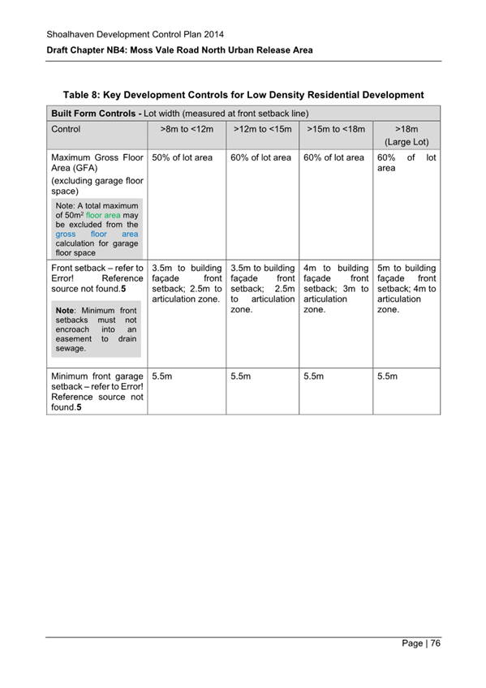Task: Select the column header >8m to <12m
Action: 183,128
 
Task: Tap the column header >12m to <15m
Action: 260,128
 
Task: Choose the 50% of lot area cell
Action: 183,157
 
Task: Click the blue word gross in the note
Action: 66,234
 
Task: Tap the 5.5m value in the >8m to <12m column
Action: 163,377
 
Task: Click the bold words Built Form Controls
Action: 96,112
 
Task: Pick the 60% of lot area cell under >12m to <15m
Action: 260,157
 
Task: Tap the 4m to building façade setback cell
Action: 335,288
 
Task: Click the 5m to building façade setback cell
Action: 406,288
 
